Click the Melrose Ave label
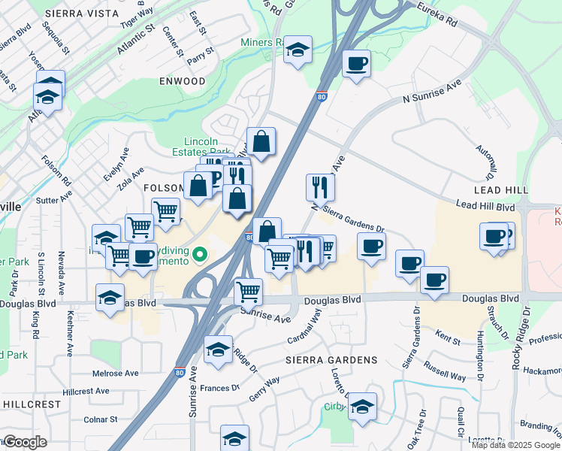[116, 373]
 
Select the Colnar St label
[100, 419]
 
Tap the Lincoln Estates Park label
[201, 147]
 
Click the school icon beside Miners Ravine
[298, 50]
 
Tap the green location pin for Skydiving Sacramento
[200, 256]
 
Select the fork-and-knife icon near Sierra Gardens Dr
[320, 186]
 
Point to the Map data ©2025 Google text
[515, 445]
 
